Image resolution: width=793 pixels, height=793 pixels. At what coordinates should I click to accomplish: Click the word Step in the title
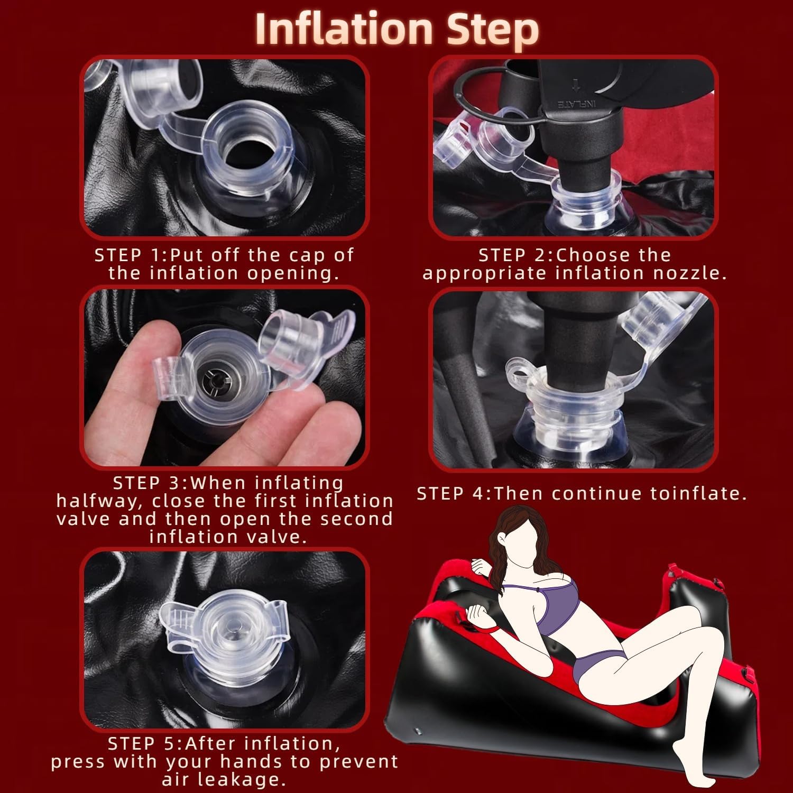click(x=493, y=31)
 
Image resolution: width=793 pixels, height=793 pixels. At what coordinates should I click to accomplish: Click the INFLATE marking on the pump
click(x=576, y=103)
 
